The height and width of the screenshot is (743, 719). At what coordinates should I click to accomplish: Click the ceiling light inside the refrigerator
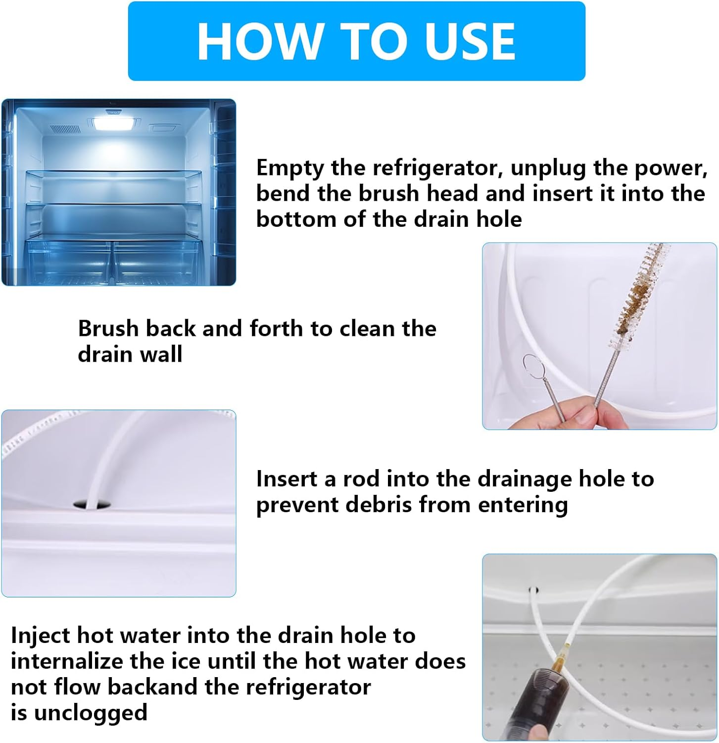(x=115, y=124)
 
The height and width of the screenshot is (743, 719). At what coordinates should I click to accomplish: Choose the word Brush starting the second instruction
(x=108, y=328)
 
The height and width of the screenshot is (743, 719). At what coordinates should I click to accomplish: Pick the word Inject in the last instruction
(x=40, y=636)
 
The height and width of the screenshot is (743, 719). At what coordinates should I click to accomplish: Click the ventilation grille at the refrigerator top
(x=65, y=129)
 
